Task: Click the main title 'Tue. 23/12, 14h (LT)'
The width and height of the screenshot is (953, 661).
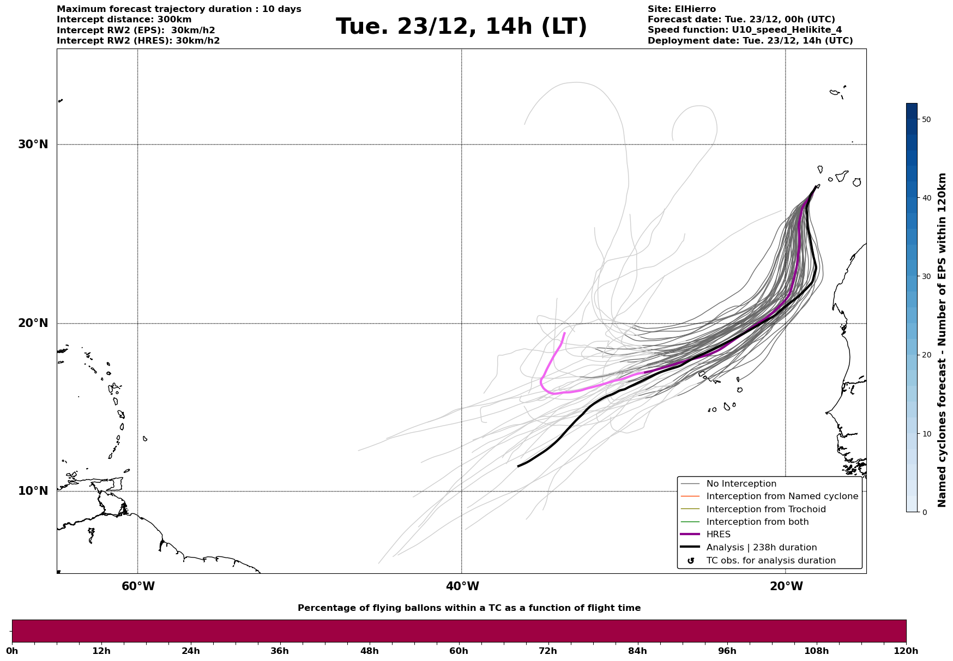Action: coord(461,27)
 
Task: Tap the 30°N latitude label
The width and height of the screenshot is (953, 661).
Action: coord(33,144)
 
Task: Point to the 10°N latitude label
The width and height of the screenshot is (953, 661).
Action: coord(33,491)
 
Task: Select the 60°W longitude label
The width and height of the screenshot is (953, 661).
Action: coord(138,586)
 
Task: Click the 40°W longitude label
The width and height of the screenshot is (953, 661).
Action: coord(462,586)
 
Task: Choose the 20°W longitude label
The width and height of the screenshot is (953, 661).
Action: coord(786,586)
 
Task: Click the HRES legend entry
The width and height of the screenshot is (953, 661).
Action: coord(718,535)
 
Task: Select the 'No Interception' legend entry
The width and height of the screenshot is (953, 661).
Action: coord(741,484)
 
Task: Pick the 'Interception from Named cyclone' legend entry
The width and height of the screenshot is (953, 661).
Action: coord(782,496)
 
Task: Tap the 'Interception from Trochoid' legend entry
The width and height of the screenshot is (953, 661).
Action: coord(765,510)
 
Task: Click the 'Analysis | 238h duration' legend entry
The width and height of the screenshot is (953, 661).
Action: coord(761,548)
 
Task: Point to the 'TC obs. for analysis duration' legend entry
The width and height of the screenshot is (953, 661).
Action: coord(770,561)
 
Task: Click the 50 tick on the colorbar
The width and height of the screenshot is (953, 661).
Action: coord(926,119)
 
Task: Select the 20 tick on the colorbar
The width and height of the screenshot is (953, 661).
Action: coord(926,355)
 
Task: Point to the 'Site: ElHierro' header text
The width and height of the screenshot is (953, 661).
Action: coord(681,9)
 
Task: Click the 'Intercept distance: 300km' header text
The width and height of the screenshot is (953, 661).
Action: coord(124,20)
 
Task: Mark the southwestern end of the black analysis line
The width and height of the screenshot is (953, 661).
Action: coord(518,466)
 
